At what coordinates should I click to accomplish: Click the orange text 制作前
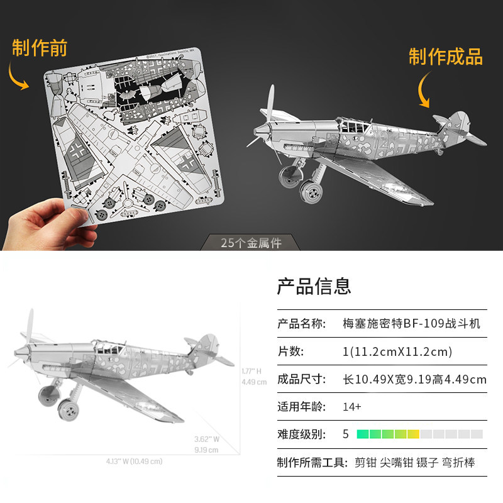pos(39,48)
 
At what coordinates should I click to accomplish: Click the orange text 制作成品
pos(445,57)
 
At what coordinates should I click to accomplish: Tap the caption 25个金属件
pos(251,243)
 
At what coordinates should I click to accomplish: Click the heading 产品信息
pos(314,287)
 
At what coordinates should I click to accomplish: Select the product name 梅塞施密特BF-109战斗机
pos(411,324)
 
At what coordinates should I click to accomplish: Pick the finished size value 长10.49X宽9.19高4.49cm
pos(414,379)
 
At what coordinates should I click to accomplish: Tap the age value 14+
pos(352,407)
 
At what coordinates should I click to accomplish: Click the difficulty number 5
pos(345,434)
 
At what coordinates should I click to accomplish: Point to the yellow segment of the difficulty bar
pos(413,434)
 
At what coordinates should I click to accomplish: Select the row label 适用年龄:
pos(301,407)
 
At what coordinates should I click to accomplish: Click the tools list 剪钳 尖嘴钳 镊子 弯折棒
pos(414,463)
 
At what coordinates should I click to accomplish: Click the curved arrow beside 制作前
pos(18,75)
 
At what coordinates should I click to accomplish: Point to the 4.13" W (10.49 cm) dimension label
pos(134,461)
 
